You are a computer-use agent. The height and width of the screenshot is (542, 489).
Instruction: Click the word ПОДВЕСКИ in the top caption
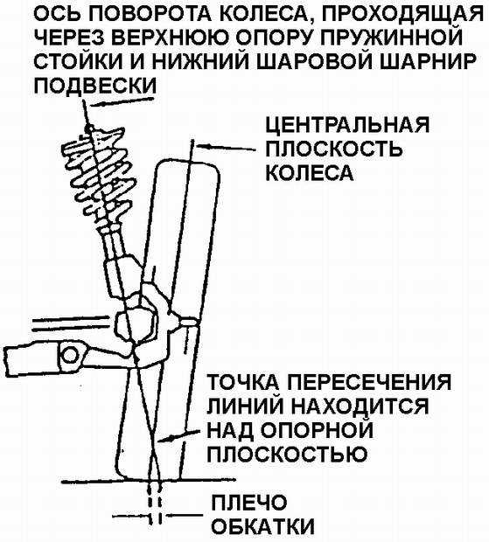click(x=95, y=85)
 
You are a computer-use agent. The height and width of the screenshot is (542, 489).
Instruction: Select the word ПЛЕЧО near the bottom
click(x=249, y=503)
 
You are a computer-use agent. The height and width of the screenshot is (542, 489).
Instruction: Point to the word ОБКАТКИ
click(x=262, y=527)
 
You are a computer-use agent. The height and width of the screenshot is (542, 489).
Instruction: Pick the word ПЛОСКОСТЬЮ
click(x=287, y=453)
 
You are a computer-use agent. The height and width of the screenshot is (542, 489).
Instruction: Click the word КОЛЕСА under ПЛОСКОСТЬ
click(x=310, y=172)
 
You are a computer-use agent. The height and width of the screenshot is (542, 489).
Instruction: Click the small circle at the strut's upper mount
click(x=89, y=129)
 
